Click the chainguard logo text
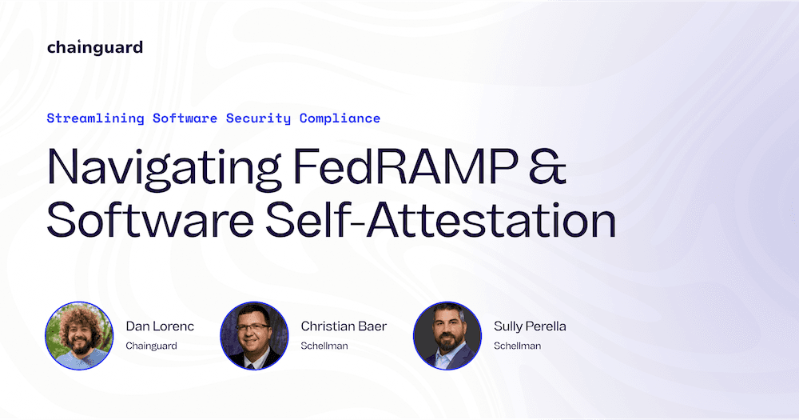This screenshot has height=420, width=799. [95, 48]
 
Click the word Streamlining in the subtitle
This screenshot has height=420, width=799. [95, 118]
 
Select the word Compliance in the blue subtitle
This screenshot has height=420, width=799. [340, 118]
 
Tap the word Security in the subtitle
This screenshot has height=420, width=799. [258, 118]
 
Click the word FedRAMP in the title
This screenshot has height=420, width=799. [405, 166]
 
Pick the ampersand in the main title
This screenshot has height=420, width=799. [547, 166]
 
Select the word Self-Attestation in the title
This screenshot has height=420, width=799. [441, 221]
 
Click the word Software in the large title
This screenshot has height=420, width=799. [150, 221]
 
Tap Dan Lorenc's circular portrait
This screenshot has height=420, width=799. [79, 335]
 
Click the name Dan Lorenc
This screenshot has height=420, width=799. [160, 326]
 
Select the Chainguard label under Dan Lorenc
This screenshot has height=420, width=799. [151, 346]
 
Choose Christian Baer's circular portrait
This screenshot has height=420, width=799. [254, 335]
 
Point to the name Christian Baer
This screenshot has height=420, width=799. [344, 326]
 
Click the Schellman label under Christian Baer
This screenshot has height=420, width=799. [324, 346]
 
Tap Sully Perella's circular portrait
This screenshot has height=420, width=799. [447, 335]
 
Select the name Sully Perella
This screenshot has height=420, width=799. [530, 326]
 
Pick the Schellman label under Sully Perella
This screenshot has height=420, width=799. [517, 346]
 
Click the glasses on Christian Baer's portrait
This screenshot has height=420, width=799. [253, 327]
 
